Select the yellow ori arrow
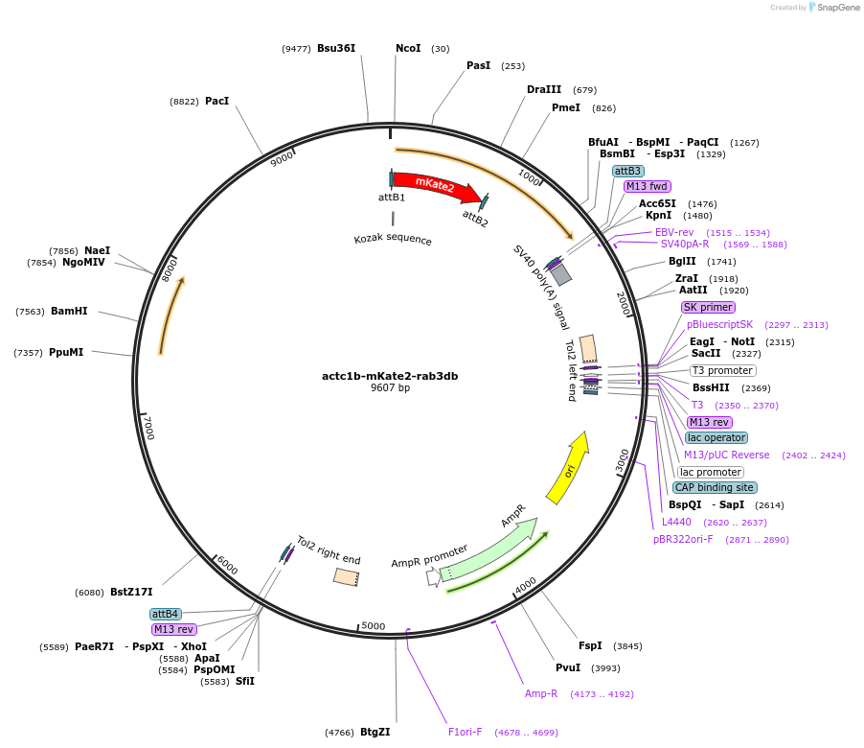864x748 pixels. [x=567, y=468]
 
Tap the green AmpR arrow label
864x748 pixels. [x=513, y=515]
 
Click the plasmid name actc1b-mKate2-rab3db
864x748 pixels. [x=390, y=376]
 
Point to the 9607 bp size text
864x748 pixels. [x=390, y=388]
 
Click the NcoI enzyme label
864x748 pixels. [x=408, y=48]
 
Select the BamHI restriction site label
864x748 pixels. [x=69, y=311]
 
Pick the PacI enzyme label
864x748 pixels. [x=216, y=101]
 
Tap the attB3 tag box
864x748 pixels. [x=628, y=171]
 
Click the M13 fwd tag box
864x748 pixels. [x=648, y=187]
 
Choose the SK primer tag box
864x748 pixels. [x=709, y=308]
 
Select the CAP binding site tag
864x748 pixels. [x=715, y=487]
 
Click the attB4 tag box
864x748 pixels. [x=165, y=614]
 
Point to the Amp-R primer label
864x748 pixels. [x=541, y=693]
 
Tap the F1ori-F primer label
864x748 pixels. [x=466, y=733]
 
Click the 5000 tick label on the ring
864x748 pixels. [x=374, y=626]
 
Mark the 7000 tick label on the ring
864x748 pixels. [x=148, y=427]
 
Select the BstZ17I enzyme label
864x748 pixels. [x=131, y=592]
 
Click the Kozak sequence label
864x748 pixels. [x=393, y=240]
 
